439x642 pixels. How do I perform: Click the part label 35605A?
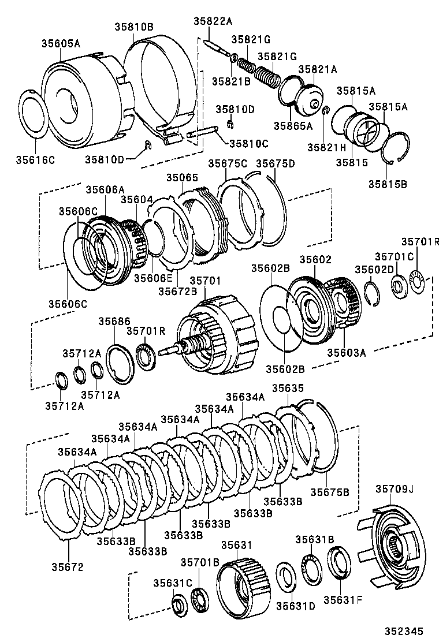(61, 43)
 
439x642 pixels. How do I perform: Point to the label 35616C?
(35, 159)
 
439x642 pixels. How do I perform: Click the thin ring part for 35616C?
(34, 114)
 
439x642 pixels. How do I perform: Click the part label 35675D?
(276, 163)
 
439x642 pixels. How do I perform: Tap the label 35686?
(114, 321)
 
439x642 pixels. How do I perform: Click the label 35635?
(288, 388)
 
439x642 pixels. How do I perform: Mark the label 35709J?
(396, 489)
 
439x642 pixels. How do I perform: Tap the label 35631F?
(343, 599)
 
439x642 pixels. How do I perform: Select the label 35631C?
(172, 583)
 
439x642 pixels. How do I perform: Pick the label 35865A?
(293, 125)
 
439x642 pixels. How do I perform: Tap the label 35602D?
(374, 270)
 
